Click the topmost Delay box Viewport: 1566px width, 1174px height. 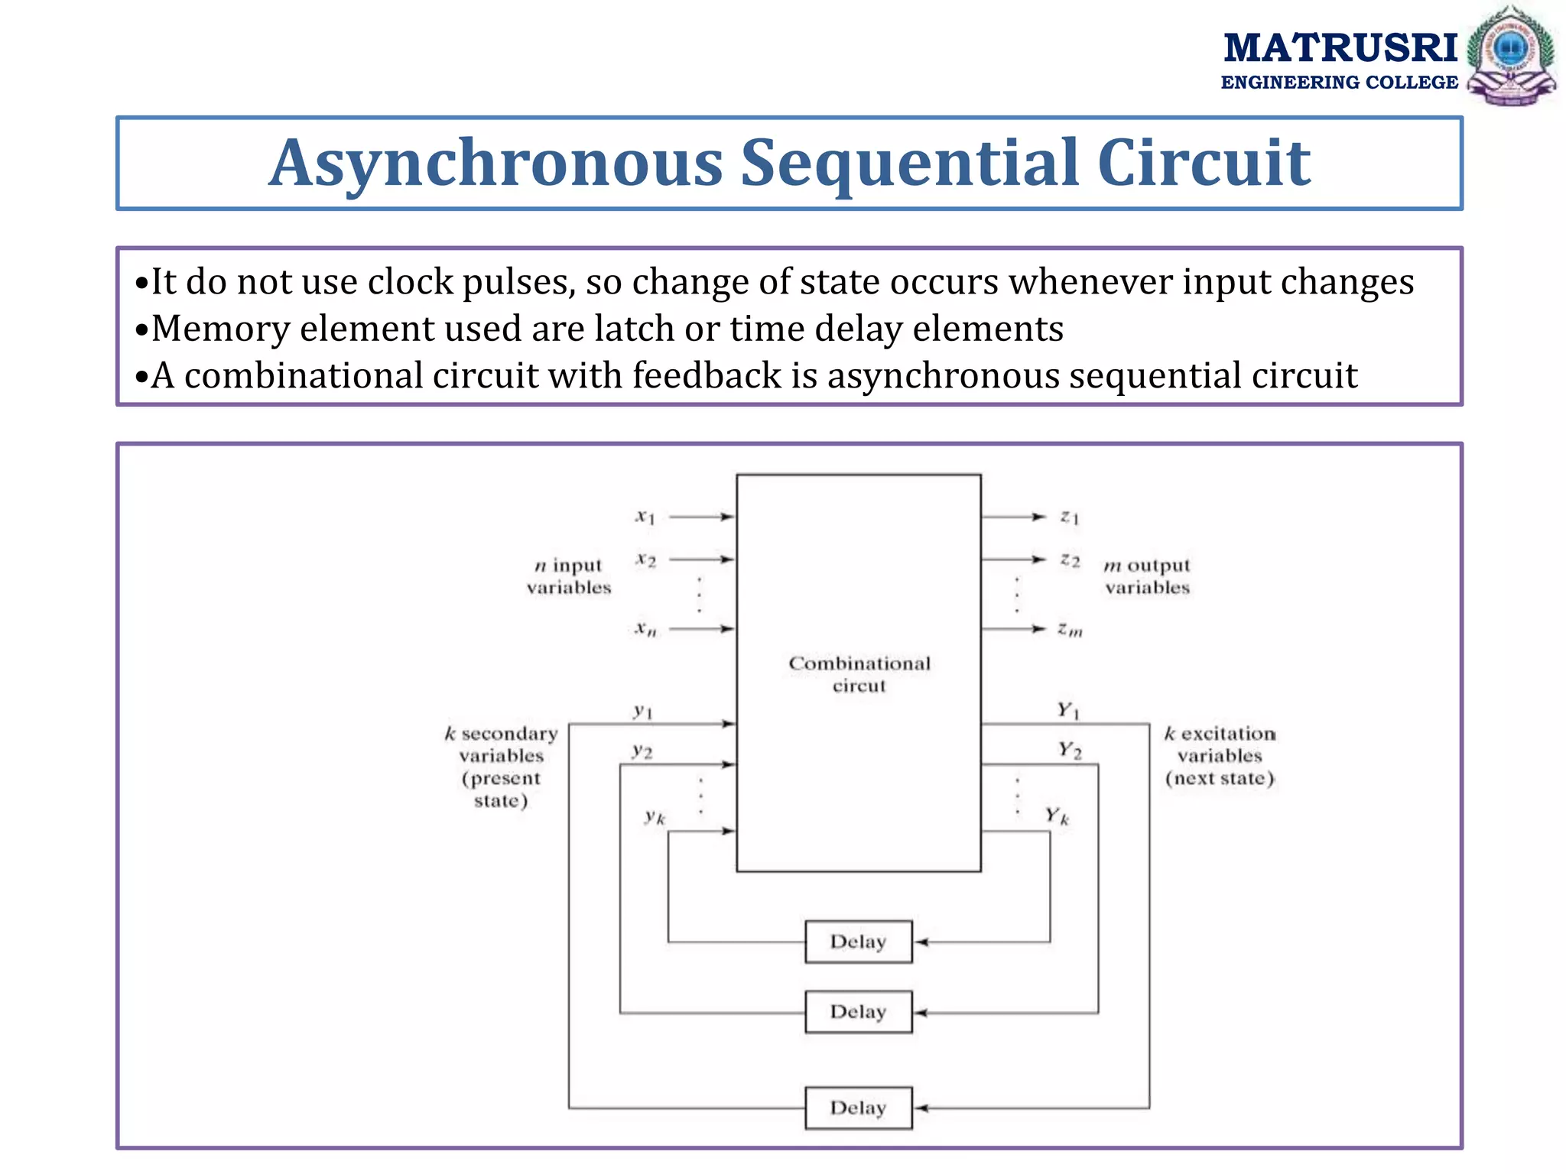[858, 941]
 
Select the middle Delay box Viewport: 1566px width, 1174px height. [858, 1011]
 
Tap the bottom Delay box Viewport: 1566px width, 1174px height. [858, 1108]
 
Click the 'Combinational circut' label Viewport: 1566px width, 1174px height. [859, 674]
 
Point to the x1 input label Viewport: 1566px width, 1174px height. [645, 517]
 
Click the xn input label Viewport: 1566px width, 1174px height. [645, 629]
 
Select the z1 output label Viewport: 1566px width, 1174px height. [1070, 517]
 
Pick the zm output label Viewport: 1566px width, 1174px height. [1070, 630]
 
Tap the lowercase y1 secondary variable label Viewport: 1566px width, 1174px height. [643, 712]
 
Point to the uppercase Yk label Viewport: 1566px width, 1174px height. [1058, 816]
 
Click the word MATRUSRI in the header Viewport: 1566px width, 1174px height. [1340, 47]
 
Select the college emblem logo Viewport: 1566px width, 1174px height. [1511, 55]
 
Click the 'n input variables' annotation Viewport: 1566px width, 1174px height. [569, 576]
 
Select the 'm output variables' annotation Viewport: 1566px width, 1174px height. [1147, 576]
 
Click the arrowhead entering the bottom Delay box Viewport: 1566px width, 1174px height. [921, 1108]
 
